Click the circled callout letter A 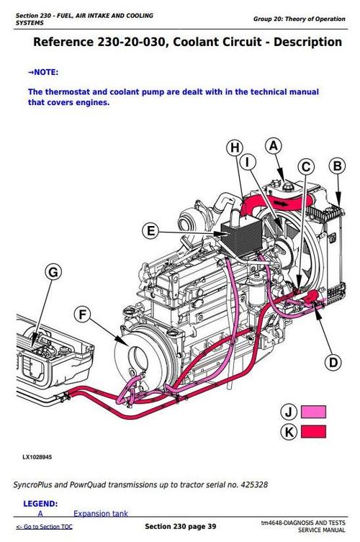click(273, 146)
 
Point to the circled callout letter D click(332, 361)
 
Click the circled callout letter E click(150, 231)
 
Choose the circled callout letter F click(84, 315)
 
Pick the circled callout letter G click(52, 272)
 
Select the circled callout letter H click(234, 149)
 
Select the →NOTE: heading click(42, 72)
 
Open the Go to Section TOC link click(45, 527)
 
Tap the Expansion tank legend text click(101, 514)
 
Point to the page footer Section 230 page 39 click(180, 527)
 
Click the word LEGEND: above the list click(40, 503)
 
